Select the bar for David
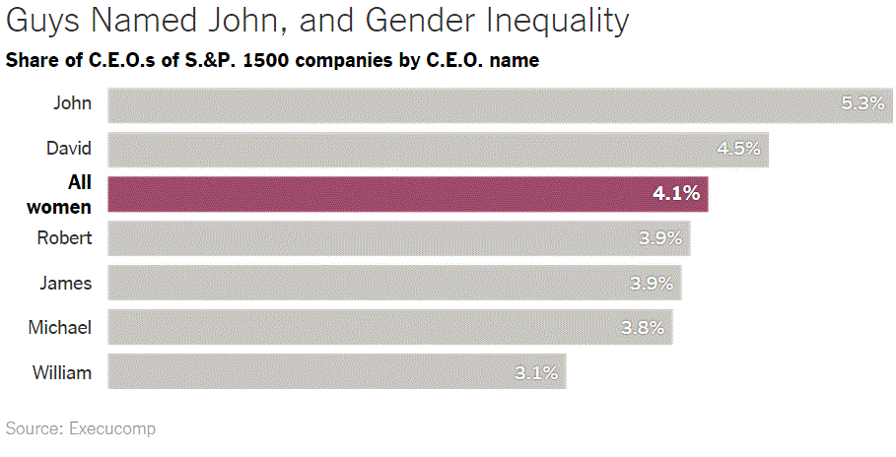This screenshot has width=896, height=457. [x=438, y=150]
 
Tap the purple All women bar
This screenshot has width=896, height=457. [x=407, y=194]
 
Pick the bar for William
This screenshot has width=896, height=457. [x=336, y=372]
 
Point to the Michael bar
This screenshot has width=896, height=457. [x=389, y=328]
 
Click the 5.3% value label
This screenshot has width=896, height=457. [x=862, y=104]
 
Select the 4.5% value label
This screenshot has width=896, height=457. [x=738, y=150]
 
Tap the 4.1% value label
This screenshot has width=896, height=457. [x=676, y=194]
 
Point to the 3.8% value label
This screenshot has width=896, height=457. [x=643, y=328]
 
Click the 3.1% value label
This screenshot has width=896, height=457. [x=537, y=373]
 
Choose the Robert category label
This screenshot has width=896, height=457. [x=64, y=238]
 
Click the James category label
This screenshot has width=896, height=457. [x=66, y=284]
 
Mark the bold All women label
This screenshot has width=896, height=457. [x=59, y=194]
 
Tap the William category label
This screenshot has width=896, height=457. [x=62, y=373]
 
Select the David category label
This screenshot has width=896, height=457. [x=69, y=150]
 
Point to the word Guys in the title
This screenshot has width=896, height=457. [x=37, y=21]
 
